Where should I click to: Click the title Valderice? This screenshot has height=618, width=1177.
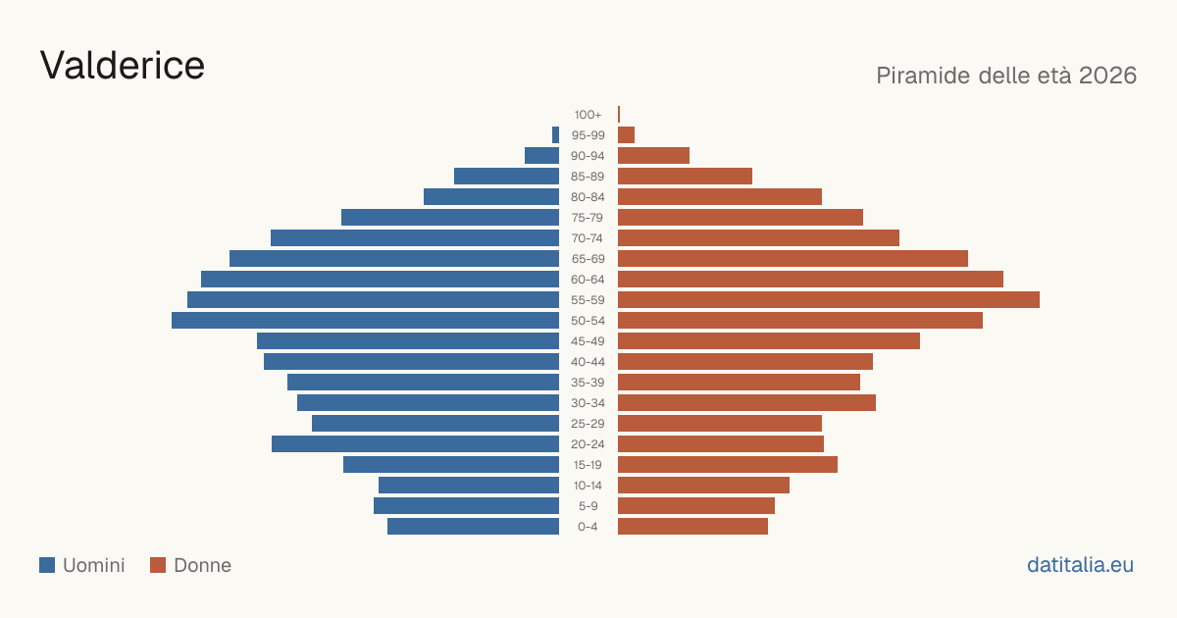tap(122, 65)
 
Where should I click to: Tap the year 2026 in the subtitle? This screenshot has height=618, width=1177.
tap(1107, 76)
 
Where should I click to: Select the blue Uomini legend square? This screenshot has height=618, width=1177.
tap(47, 565)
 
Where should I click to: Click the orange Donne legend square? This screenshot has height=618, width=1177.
tap(158, 565)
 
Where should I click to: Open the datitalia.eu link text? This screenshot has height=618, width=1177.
tap(1080, 565)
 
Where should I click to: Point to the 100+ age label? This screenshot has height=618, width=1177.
tap(588, 115)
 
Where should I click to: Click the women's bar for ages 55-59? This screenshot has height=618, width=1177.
tap(829, 299)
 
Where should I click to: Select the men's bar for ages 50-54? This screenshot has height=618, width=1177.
tap(365, 321)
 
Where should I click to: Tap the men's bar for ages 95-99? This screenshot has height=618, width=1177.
tap(555, 135)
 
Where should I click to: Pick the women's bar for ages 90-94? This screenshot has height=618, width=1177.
tap(653, 156)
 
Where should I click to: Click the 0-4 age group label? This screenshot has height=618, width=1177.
tap(588, 527)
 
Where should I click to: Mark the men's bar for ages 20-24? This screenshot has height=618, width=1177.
tap(415, 444)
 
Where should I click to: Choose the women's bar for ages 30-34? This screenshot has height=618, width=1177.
tap(746, 403)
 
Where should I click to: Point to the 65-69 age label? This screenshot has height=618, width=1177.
tap(588, 259)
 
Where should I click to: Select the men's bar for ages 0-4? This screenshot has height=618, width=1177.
tap(474, 527)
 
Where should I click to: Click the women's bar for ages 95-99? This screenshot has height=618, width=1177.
tap(627, 135)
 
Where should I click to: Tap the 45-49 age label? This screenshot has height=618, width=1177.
tap(588, 341)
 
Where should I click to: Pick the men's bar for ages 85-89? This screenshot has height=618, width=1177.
tap(506, 176)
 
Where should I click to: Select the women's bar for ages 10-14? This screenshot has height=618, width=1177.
tap(703, 485)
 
